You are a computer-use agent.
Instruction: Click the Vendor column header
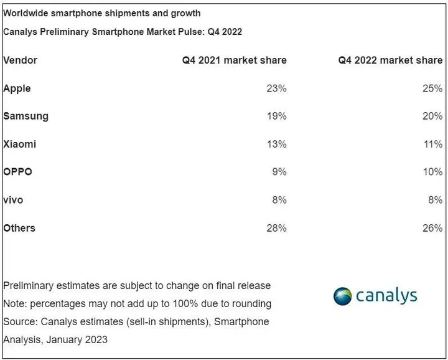click(x=20, y=60)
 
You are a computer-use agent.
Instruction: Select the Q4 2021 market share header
click(x=234, y=60)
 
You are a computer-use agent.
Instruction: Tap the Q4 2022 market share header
click(x=390, y=60)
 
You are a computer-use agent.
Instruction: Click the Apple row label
click(x=17, y=88)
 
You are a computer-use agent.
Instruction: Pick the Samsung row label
click(x=26, y=116)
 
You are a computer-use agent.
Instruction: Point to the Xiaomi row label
click(x=20, y=144)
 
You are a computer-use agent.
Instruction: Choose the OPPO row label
click(x=18, y=173)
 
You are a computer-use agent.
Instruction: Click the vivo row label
click(x=14, y=201)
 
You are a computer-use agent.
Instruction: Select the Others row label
click(x=19, y=229)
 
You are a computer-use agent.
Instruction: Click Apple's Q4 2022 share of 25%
click(x=432, y=88)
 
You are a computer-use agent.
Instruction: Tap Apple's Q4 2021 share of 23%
click(x=276, y=88)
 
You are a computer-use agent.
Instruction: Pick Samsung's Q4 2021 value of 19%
click(x=276, y=116)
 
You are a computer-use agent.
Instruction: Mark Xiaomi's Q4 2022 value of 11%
click(x=432, y=144)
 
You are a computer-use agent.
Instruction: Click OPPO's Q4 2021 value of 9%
click(x=279, y=173)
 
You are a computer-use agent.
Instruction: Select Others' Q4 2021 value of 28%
click(x=276, y=229)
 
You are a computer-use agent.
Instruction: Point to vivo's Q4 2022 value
click(x=435, y=201)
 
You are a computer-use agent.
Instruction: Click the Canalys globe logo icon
click(x=343, y=296)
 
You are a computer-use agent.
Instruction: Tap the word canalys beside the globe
click(x=386, y=296)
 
